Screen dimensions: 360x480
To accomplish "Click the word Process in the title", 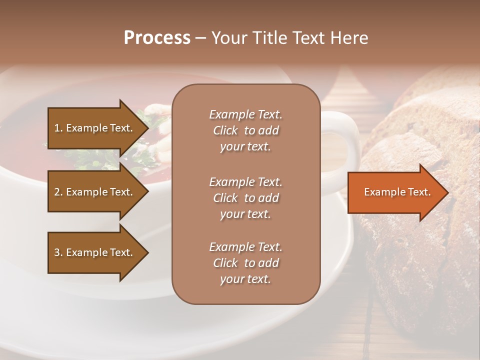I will point(157,38).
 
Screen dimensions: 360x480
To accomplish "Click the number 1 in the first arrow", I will point(57,128).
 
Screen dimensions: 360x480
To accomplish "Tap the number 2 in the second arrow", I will point(57,192).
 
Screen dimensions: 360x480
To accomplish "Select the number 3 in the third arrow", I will point(57,252).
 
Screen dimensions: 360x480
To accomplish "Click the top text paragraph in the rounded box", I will point(245,130).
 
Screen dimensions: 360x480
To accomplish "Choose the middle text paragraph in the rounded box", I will point(245,198).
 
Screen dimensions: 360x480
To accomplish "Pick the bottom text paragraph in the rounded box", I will point(245,263).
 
